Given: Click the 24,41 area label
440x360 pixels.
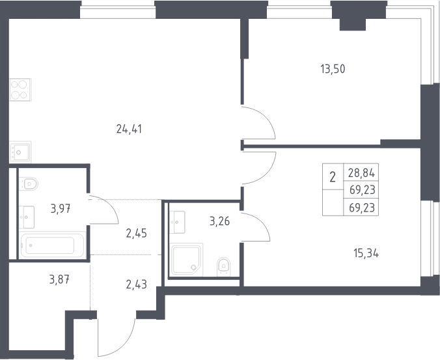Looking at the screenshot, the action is (x=129, y=129).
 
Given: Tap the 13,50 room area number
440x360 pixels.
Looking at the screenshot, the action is (x=333, y=69).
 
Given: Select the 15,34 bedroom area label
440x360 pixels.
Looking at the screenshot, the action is (x=366, y=254).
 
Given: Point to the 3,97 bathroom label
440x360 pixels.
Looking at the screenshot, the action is (x=61, y=209).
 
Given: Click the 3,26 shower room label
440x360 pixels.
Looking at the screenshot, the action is (x=220, y=221).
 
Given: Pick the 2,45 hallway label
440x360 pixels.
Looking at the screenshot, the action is (x=137, y=233).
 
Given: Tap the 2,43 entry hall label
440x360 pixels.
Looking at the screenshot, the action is (x=137, y=284).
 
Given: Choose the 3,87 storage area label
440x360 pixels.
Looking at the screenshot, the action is (x=59, y=279).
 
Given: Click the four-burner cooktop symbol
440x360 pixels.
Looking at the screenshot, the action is (x=20, y=89).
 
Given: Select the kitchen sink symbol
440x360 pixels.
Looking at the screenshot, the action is (x=20, y=152).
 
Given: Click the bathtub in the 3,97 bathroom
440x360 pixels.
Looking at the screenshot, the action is (x=53, y=245).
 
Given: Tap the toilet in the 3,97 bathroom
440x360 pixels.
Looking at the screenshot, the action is (x=29, y=184).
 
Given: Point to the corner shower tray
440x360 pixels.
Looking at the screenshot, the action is (x=187, y=259).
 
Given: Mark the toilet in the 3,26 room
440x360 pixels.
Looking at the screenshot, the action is (x=223, y=266).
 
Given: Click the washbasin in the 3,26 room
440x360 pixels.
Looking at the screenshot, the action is (x=177, y=222).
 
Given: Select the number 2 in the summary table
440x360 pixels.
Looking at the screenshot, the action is (x=333, y=177).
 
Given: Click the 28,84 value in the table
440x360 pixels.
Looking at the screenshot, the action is (x=361, y=173).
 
